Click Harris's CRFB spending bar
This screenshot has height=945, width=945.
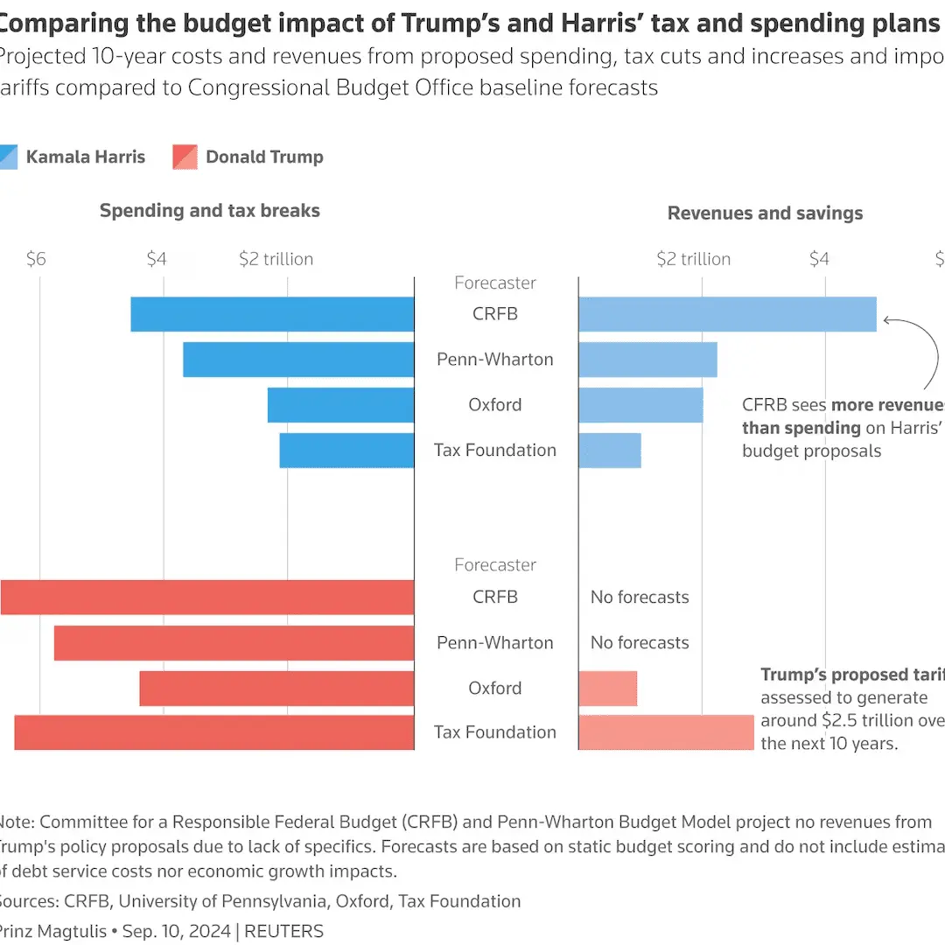point(272,314)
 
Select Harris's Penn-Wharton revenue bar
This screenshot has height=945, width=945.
point(647,360)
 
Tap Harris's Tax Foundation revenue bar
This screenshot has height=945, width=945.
point(610,450)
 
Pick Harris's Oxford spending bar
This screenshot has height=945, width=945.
point(340,405)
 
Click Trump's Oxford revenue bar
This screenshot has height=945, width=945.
point(607,689)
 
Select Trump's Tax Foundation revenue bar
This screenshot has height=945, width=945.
point(666,732)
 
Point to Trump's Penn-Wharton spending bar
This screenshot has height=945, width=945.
point(234,643)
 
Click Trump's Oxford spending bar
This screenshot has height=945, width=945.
point(276,689)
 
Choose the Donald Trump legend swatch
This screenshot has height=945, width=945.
point(185,157)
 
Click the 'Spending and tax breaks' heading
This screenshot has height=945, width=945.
point(210,211)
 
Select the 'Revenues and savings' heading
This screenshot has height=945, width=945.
point(765,213)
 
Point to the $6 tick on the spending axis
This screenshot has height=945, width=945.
point(35,259)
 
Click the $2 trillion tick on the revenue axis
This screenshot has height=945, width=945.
point(694,259)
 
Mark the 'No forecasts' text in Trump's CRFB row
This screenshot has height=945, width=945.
point(640,598)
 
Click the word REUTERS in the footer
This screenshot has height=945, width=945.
point(283,931)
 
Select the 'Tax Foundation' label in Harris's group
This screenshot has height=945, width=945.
point(495,451)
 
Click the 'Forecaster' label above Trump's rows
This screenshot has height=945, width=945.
point(495,565)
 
